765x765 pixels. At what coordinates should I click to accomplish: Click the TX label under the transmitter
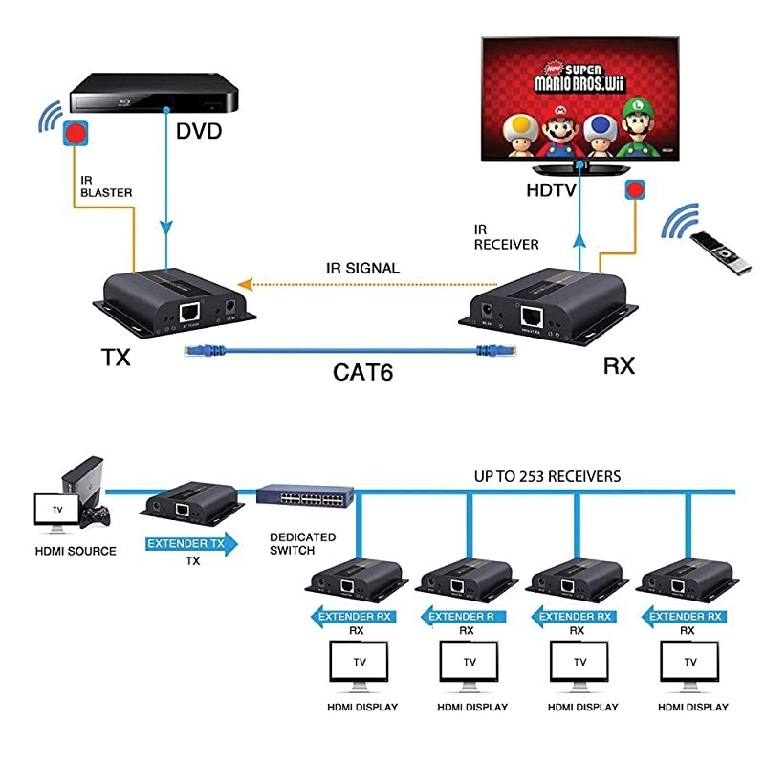(x=116, y=359)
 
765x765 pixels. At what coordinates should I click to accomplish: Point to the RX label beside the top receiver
(x=619, y=365)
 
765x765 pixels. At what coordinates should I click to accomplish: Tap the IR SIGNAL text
(x=361, y=269)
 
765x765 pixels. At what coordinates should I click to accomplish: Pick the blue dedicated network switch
(x=305, y=498)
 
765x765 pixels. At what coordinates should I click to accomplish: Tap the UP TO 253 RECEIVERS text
(x=548, y=475)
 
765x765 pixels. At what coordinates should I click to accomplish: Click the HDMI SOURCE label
(x=76, y=551)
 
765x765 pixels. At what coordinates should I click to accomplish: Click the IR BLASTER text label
(x=105, y=186)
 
